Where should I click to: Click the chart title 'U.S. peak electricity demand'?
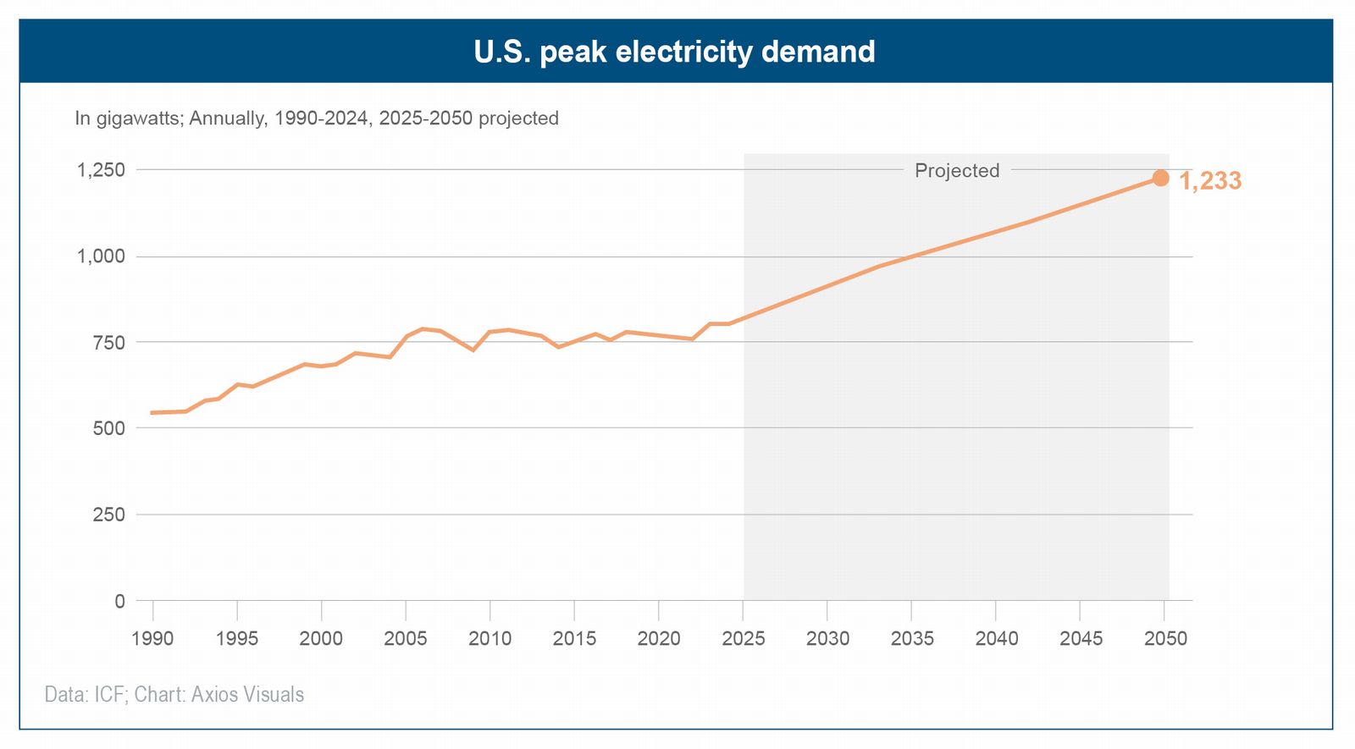[x=674, y=52]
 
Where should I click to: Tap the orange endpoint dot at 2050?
[x=1160, y=178]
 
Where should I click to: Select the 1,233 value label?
[x=1210, y=181]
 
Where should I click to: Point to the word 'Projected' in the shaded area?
[x=957, y=170]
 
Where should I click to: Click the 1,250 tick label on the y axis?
[x=101, y=170]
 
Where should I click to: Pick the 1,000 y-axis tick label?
[x=101, y=256]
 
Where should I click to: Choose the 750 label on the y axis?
[x=108, y=343]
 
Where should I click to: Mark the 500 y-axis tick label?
[x=108, y=428]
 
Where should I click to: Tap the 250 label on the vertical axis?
[x=108, y=515]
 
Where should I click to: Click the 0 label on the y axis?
[x=119, y=601]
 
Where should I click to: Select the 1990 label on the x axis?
[x=152, y=638]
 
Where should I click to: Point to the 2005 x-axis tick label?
[x=406, y=638]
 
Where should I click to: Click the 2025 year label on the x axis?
[x=743, y=638]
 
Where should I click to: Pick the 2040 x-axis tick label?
[x=996, y=638]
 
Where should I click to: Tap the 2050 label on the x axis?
[x=1165, y=638]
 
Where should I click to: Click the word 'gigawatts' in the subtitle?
[x=138, y=118]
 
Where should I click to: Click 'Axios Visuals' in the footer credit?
[x=247, y=695]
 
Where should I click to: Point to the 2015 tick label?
[x=574, y=638]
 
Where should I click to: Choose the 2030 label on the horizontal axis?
[x=827, y=638]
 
